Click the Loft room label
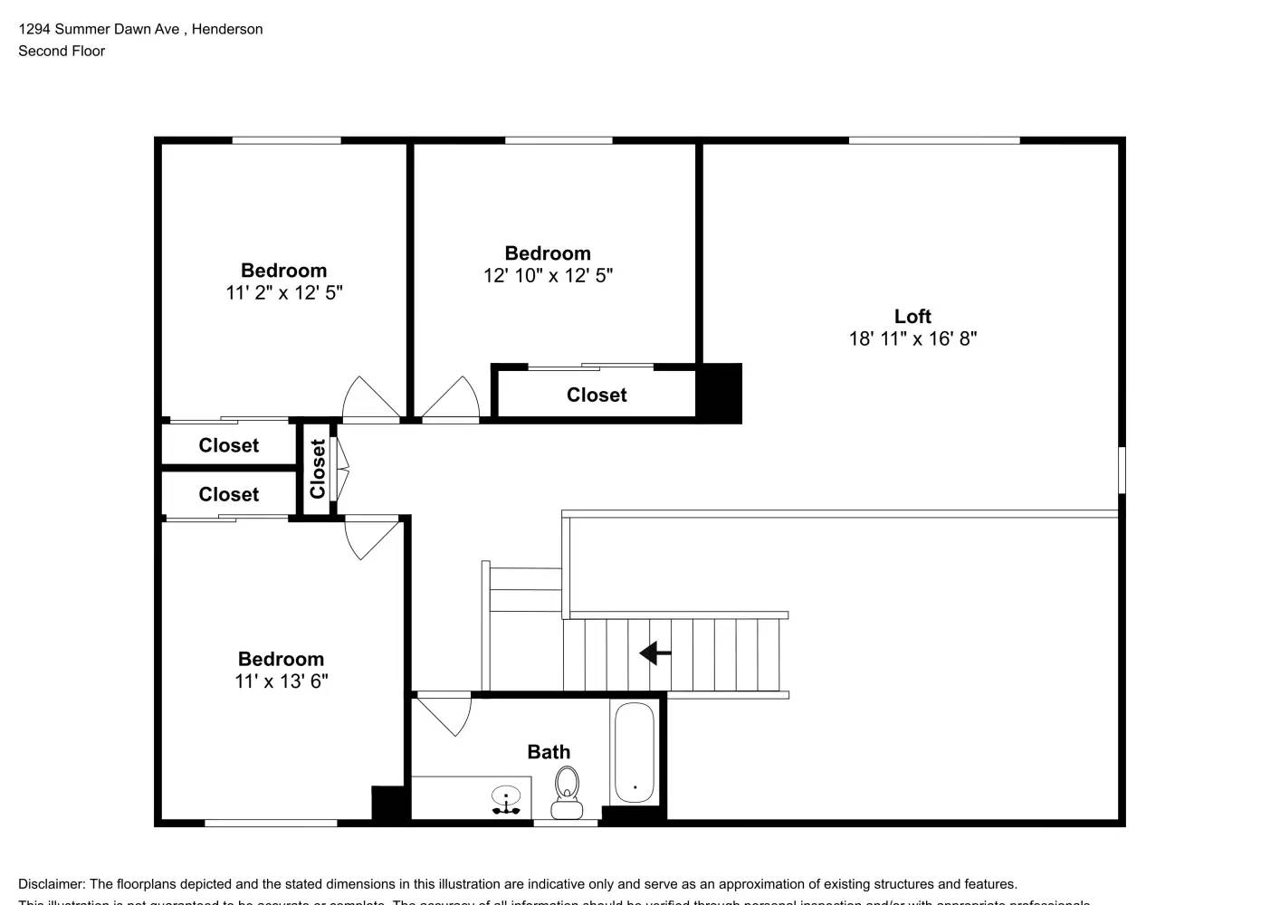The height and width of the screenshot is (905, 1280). click(x=912, y=316)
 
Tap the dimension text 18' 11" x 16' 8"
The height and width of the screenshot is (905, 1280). click(x=912, y=338)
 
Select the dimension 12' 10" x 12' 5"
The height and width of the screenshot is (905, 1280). click(x=548, y=276)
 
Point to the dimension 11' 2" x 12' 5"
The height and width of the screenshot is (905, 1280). click(x=283, y=293)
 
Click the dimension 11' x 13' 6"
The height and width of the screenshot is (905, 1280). click(x=281, y=681)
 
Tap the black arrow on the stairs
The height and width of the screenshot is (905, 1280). click(x=655, y=653)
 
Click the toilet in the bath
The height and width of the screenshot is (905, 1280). click(x=568, y=792)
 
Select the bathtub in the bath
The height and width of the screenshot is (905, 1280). click(x=635, y=753)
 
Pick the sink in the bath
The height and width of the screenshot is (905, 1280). click(x=506, y=798)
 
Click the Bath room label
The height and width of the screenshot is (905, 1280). click(x=549, y=752)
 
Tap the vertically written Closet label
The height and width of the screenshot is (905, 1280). click(x=318, y=469)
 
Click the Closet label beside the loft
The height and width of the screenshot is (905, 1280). click(x=597, y=395)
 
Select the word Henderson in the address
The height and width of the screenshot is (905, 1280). click(x=227, y=29)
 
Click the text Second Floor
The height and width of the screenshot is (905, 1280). click(x=62, y=51)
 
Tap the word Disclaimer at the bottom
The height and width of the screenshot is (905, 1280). click(x=51, y=884)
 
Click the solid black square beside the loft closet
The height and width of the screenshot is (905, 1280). click(x=720, y=393)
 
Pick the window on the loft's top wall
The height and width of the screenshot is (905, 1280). click(x=934, y=140)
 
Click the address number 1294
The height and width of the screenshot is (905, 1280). click(x=34, y=29)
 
